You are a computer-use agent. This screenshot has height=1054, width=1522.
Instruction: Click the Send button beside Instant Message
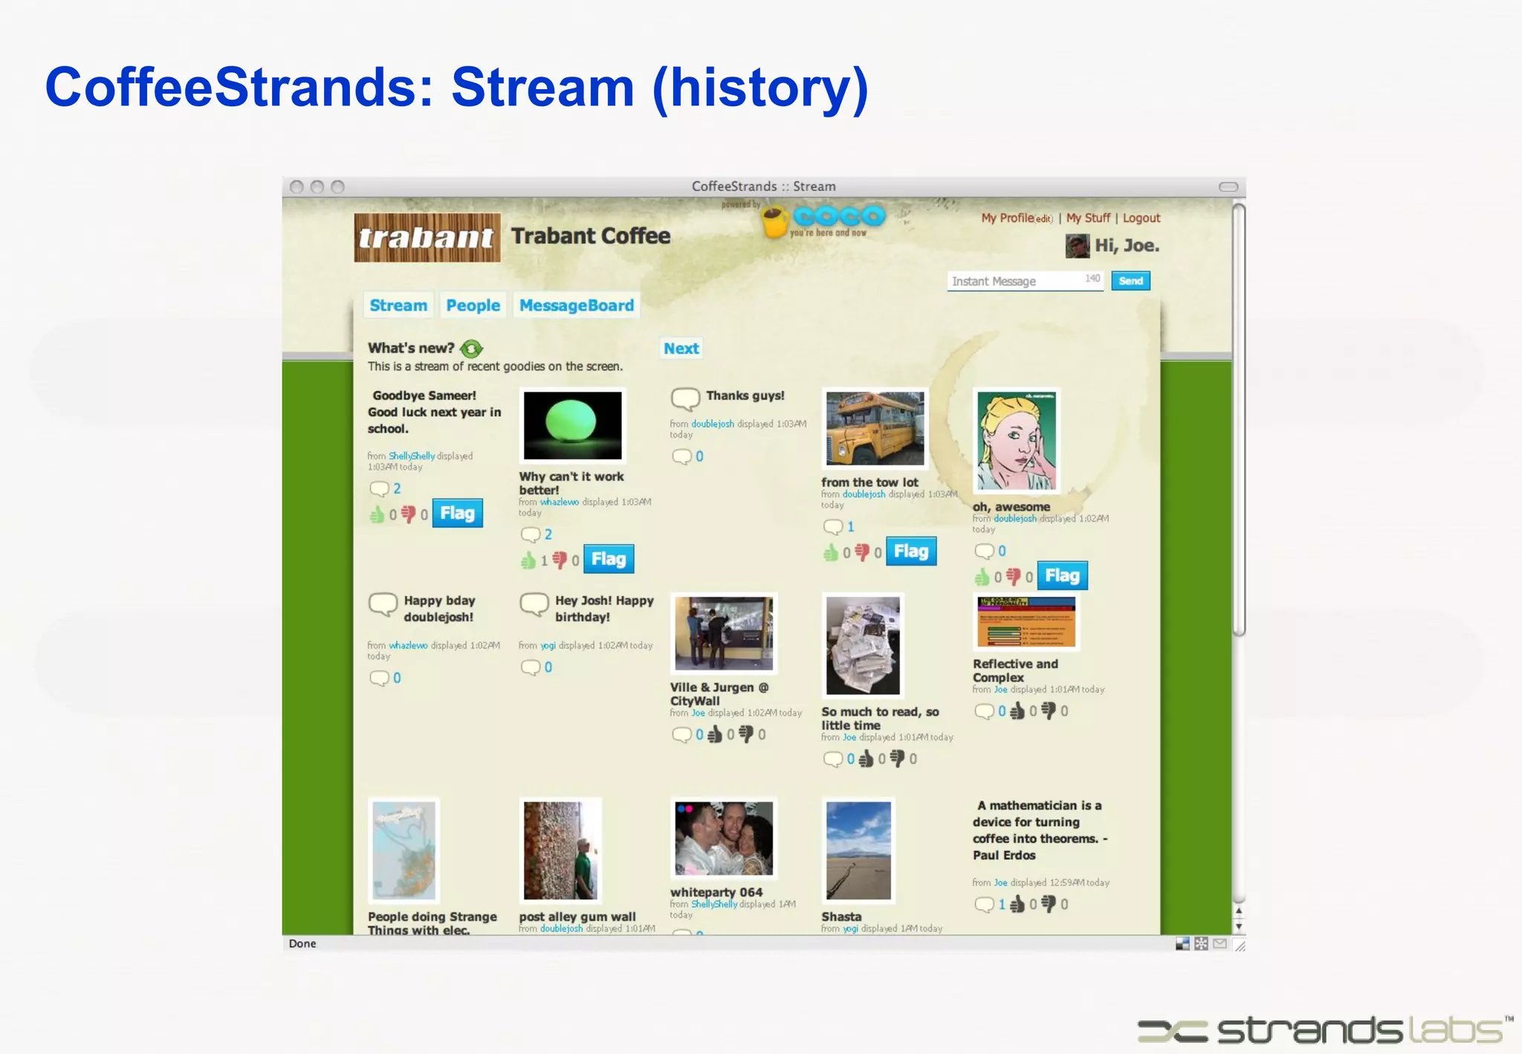click(1130, 281)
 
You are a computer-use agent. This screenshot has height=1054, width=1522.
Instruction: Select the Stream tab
click(398, 305)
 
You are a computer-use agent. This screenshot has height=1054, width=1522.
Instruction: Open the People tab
click(473, 305)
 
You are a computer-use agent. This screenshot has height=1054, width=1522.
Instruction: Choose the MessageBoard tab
click(576, 305)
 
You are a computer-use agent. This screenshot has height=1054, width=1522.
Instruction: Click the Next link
click(681, 349)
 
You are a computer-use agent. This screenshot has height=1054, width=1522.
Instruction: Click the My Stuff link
click(1088, 219)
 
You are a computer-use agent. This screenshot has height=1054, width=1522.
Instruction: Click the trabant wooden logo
click(427, 238)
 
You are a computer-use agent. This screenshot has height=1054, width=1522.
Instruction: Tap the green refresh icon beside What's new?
click(471, 349)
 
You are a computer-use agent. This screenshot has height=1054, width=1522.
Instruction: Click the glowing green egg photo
click(572, 425)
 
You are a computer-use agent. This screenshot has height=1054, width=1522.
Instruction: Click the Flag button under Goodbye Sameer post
click(457, 514)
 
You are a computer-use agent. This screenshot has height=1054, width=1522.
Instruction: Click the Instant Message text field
click(1014, 281)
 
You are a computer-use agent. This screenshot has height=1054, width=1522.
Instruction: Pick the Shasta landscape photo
click(858, 850)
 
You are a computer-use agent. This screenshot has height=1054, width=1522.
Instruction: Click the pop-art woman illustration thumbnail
click(1016, 441)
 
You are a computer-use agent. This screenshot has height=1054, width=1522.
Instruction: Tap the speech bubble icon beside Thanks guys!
click(685, 398)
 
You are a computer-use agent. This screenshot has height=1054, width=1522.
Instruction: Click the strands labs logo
click(1324, 1030)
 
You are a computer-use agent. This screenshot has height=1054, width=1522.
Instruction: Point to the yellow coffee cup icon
click(774, 222)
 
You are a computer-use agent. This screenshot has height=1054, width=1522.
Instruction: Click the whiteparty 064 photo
click(724, 838)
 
